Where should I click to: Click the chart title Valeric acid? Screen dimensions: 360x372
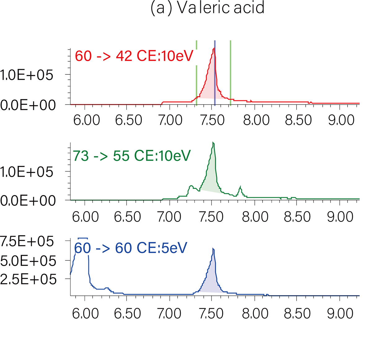[207, 8]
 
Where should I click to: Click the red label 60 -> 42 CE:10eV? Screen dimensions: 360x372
[134, 56]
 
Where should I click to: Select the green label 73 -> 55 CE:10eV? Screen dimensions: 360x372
[131, 156]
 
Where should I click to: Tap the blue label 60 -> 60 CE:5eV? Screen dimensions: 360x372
[131, 248]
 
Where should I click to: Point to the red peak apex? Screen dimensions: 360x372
[214, 48]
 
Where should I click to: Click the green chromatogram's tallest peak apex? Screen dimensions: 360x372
[213, 143]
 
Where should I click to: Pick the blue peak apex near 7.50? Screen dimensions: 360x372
[213, 249]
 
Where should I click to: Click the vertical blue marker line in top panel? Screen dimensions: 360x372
[215, 74]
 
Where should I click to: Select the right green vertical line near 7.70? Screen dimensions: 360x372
[230, 71]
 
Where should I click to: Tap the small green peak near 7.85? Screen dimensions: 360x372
[240, 187]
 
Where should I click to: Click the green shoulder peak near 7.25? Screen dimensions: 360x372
[191, 186]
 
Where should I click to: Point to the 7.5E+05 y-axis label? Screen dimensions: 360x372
[27, 242]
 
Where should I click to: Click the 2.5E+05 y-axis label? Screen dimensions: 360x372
[28, 279]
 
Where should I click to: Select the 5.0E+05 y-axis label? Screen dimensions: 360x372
[28, 261]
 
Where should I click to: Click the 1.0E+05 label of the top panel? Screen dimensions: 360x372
[27, 75]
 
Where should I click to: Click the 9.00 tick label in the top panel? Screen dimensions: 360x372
[341, 120]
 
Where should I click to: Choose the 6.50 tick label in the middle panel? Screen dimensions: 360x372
[127, 217]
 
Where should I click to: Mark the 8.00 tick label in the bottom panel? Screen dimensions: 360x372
[255, 314]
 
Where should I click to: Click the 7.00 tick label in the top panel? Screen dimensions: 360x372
[170, 120]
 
